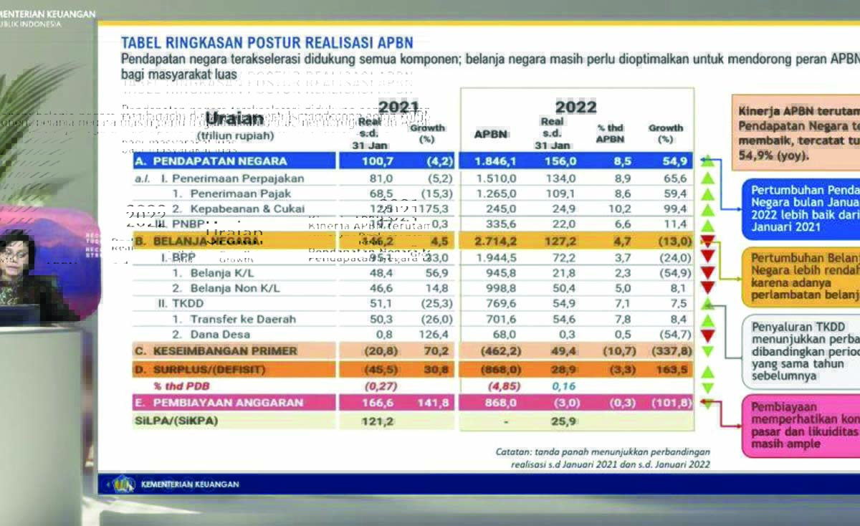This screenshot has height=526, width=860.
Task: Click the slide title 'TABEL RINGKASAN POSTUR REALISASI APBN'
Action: [267, 43]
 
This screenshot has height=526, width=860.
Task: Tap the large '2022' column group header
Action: [575, 107]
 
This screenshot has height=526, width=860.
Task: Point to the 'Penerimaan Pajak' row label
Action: [231, 193]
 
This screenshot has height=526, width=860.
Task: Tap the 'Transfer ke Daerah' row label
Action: [233, 319]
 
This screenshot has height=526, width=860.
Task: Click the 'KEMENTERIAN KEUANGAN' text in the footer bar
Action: [190, 484]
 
